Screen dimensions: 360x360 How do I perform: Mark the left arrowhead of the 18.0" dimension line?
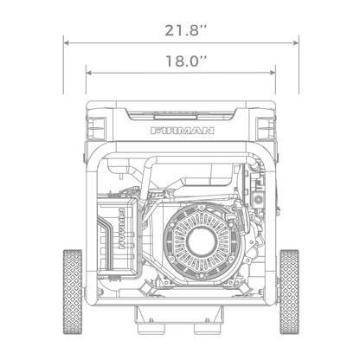(88, 73)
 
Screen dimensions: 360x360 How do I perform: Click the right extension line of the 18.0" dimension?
(275, 87)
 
